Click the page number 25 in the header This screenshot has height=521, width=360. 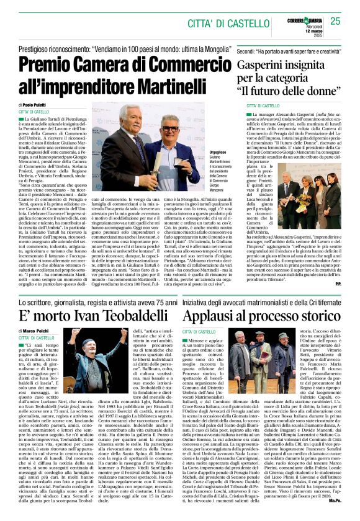pyautogui.click(x=335, y=21)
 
